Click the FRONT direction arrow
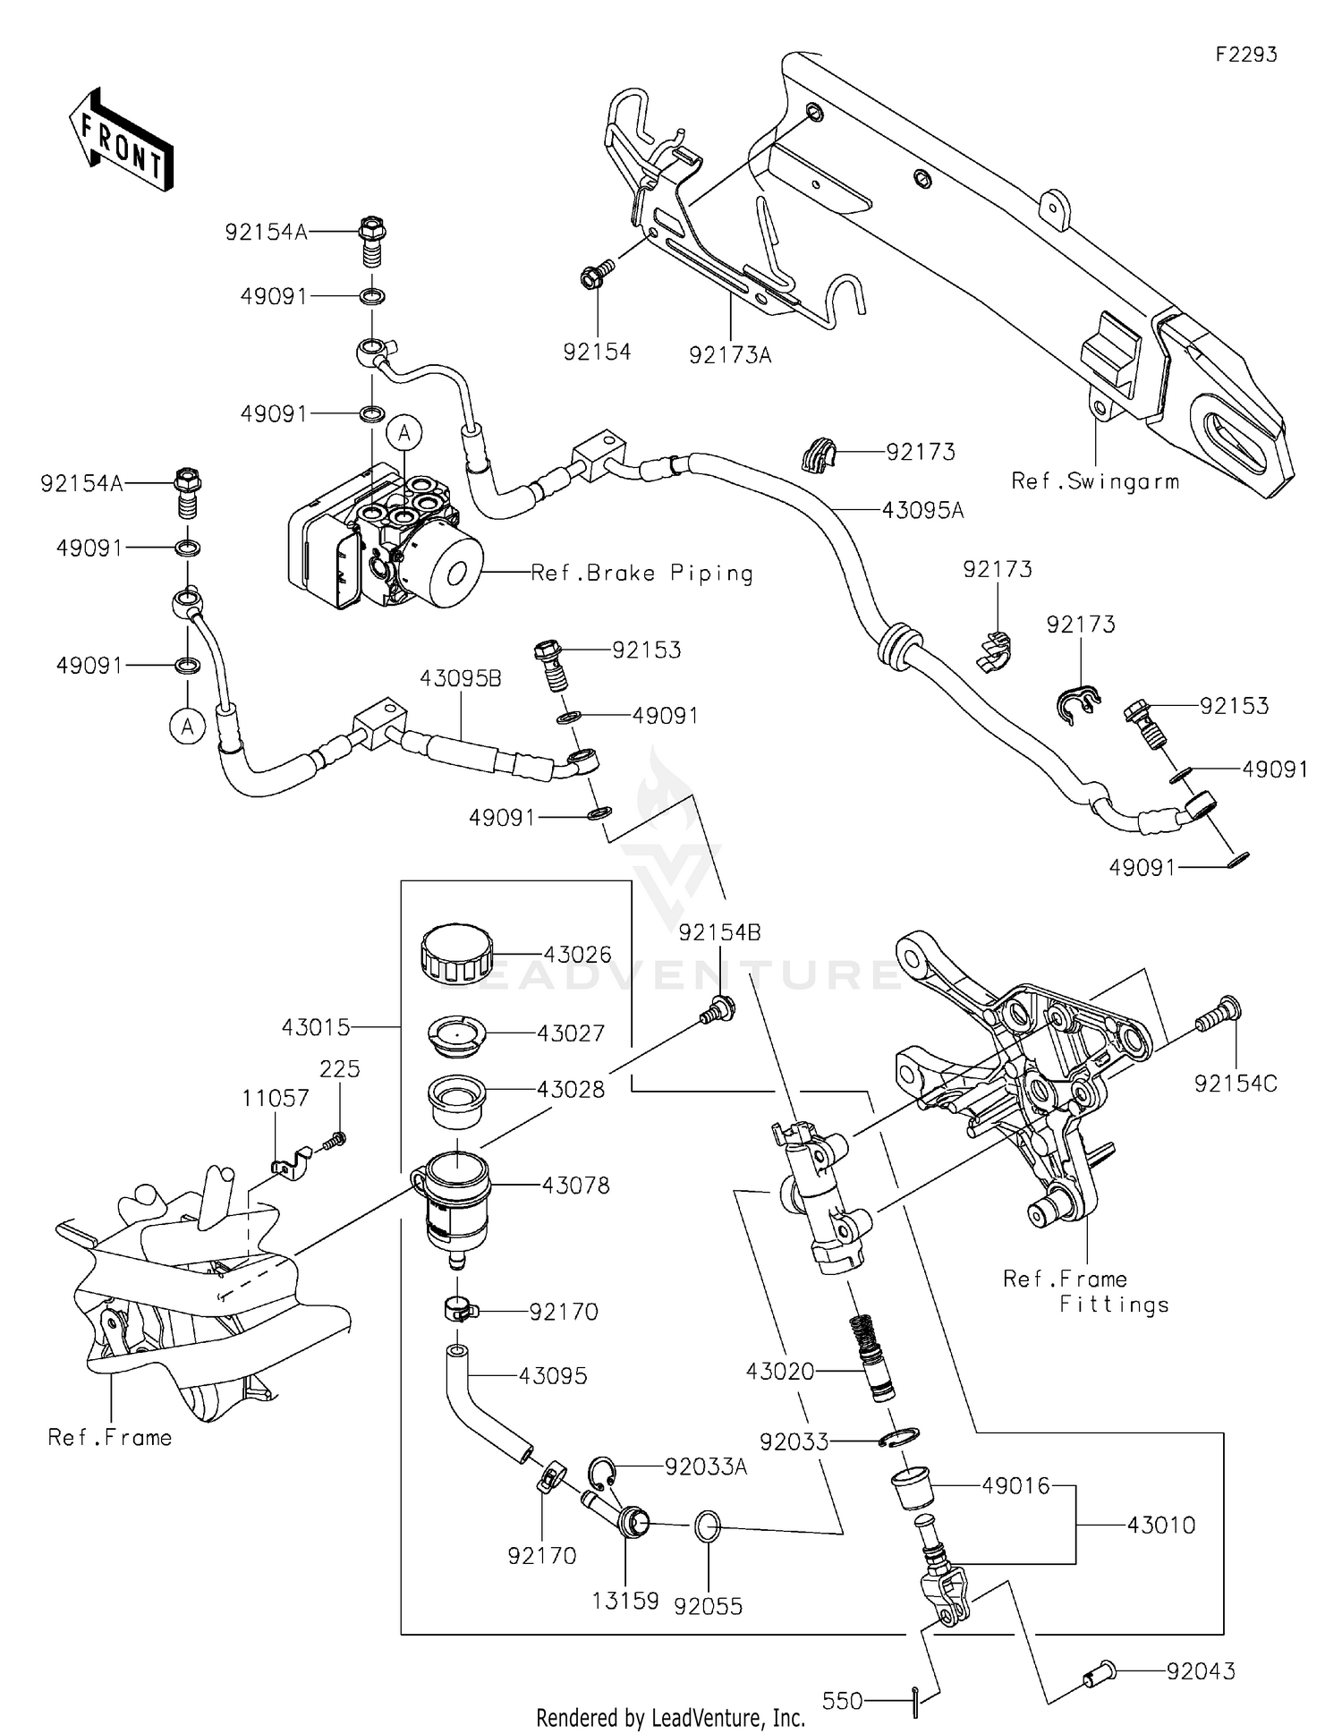[x=121, y=141]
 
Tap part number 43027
[x=571, y=1033]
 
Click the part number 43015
[x=316, y=1027]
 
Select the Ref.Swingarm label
[x=1095, y=481]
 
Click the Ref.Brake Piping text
[x=641, y=573]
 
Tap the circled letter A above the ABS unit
[x=404, y=434]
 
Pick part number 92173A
[x=730, y=355]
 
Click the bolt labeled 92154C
[x=1221, y=1014]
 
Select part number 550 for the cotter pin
[x=842, y=1700]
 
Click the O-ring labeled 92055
[x=707, y=1526]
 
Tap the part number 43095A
[x=922, y=510]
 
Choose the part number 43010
[x=1161, y=1525]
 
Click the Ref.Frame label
[x=109, y=1437]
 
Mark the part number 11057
[x=276, y=1098]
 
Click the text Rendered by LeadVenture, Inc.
[x=670, y=1717]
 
